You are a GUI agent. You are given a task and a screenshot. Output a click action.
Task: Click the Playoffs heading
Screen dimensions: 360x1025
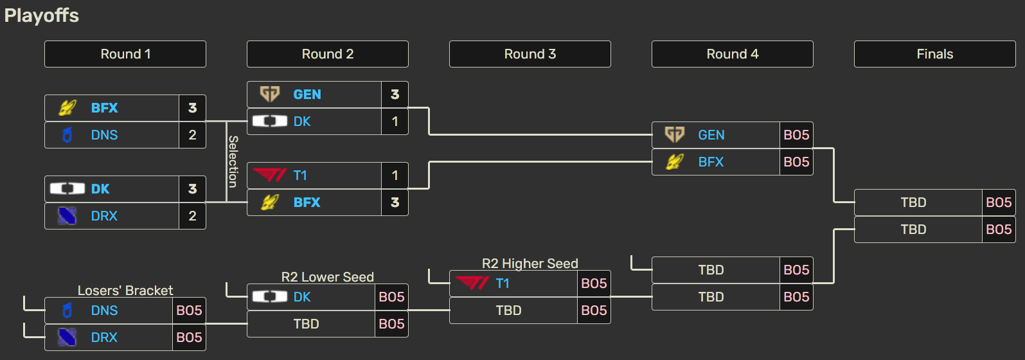coord(42,15)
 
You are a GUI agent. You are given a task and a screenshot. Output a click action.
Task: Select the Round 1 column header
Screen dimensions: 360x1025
coord(125,54)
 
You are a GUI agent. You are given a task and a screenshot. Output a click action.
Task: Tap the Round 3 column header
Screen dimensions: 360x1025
coord(530,54)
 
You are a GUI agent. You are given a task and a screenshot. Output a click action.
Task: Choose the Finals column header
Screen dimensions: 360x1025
coord(934,54)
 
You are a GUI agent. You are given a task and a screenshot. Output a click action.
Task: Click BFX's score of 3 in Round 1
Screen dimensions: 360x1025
coord(192,108)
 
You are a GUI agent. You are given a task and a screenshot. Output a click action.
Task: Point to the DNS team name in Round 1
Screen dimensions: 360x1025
coord(104,135)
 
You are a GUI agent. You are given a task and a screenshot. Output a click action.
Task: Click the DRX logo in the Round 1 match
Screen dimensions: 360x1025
coord(67,216)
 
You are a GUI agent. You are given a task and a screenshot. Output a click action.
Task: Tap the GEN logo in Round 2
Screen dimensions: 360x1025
coord(269,94)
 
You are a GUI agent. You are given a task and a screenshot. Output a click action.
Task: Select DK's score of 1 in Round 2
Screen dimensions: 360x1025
coord(395,122)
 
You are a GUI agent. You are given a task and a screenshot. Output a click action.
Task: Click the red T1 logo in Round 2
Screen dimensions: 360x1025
coord(269,175)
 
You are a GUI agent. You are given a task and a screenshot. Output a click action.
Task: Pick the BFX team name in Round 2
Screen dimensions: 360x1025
coord(307,203)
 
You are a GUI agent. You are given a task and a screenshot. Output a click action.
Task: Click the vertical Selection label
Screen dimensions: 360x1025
coord(233,161)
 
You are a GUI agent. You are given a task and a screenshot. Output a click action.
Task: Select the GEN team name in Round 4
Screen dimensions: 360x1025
coord(711,135)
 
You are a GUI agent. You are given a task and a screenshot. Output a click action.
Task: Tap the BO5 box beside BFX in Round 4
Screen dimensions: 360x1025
coord(796,162)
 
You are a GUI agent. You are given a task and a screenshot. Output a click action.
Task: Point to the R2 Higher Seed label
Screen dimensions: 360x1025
coord(530,264)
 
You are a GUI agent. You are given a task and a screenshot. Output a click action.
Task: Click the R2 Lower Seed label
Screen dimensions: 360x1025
coord(327,277)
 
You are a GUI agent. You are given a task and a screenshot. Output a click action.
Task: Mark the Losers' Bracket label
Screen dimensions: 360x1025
coord(125,291)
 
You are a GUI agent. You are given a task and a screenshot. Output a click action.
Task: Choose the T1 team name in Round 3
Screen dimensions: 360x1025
coord(503,283)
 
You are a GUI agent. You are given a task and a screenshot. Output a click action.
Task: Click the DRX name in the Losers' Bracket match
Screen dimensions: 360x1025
coord(104,337)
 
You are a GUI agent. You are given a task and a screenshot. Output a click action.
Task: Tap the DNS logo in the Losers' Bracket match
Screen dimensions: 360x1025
coord(67,310)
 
